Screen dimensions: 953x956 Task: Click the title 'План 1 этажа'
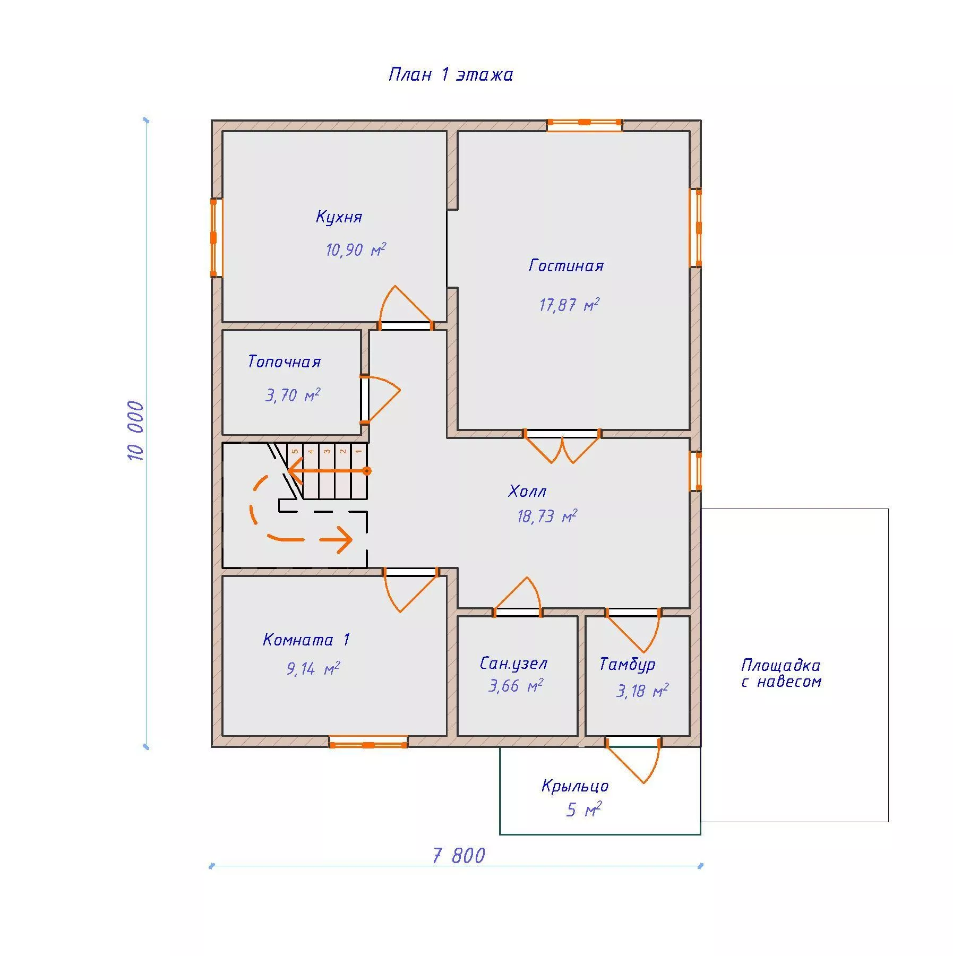point(451,74)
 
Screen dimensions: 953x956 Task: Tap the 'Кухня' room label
point(339,217)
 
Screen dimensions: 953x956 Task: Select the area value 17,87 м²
point(569,305)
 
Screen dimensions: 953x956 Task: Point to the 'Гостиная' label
point(566,265)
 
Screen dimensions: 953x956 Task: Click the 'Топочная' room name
point(284,361)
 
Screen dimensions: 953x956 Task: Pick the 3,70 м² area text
point(293,395)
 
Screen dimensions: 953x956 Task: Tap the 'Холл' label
point(527,491)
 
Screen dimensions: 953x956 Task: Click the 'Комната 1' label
point(306,639)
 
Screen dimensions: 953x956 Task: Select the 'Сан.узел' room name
point(513,663)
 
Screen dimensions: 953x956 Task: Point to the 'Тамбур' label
point(627,664)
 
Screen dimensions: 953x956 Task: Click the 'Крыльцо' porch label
point(575,786)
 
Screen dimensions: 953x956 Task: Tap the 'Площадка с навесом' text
point(781,673)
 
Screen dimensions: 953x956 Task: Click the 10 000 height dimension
point(136,430)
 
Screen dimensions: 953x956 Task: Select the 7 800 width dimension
point(459,856)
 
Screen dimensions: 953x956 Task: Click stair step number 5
point(295,452)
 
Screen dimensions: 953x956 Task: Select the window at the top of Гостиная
point(585,125)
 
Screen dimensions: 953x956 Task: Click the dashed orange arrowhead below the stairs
point(345,541)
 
